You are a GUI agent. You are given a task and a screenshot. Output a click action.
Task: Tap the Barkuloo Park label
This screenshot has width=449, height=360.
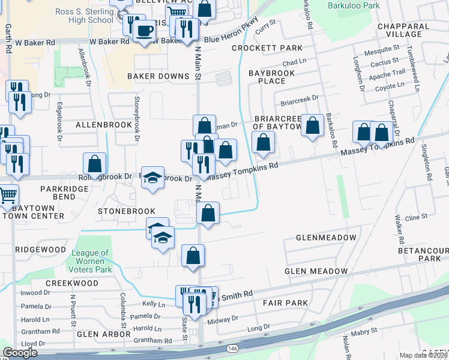(x=354, y=5)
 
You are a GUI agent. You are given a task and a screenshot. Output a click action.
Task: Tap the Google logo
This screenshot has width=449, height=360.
(x=20, y=353)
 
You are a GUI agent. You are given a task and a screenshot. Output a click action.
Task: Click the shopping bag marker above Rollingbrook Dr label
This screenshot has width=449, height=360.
(x=95, y=164)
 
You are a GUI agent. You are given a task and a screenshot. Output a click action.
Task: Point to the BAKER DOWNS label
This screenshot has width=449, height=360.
(x=158, y=76)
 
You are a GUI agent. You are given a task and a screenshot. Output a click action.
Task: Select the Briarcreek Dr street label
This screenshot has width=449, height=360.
(x=298, y=97)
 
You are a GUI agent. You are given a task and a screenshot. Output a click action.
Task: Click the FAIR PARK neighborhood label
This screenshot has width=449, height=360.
(x=285, y=302)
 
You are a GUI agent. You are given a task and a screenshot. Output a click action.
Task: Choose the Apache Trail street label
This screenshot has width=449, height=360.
(x=386, y=73)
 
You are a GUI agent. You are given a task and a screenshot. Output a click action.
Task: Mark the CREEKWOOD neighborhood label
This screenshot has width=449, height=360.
(x=71, y=283)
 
